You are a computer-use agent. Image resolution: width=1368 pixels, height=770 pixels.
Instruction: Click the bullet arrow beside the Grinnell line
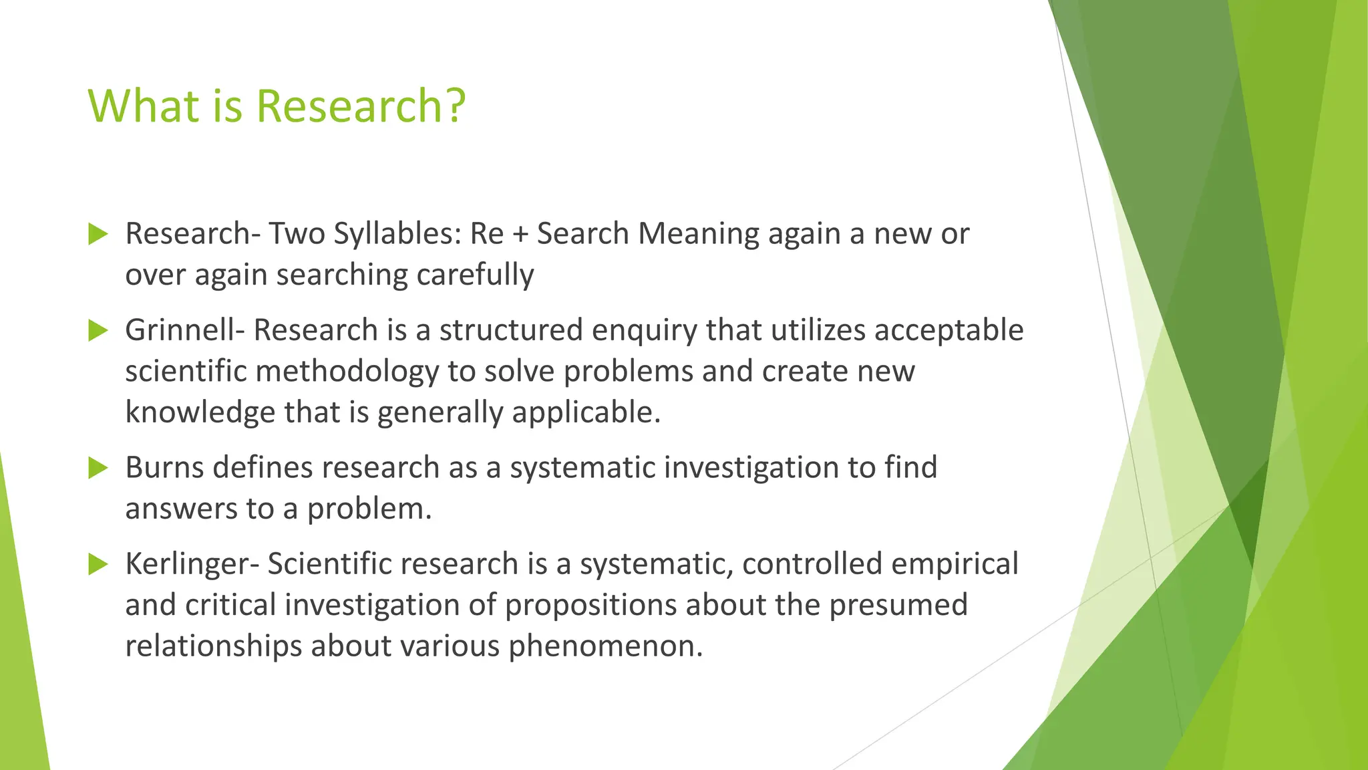pyautogui.click(x=98, y=330)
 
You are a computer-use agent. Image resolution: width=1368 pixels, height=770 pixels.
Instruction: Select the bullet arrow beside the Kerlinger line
pyautogui.click(x=98, y=564)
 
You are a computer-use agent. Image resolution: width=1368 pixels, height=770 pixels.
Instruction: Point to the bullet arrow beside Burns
pyautogui.click(x=98, y=468)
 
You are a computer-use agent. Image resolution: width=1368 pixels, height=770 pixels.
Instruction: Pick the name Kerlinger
pyautogui.click(x=192, y=564)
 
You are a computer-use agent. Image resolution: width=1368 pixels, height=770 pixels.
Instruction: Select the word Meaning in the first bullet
pyautogui.click(x=698, y=235)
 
